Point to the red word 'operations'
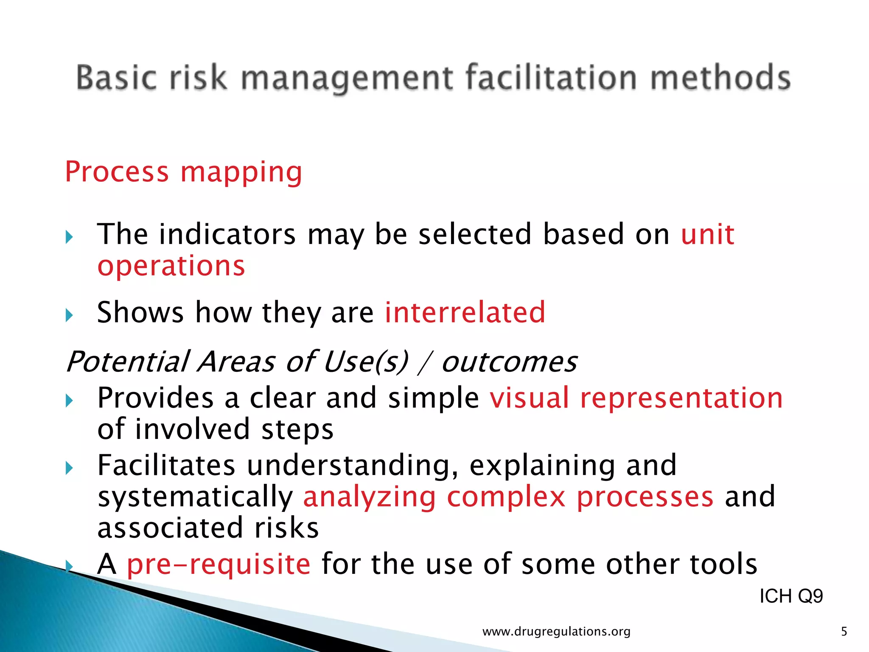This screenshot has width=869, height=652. [x=171, y=266]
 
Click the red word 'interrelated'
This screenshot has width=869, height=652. [x=465, y=312]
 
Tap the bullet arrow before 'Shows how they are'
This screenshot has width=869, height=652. [x=70, y=315]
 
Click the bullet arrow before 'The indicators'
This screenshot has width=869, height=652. [x=70, y=237]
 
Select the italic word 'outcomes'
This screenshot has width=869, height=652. [x=509, y=362]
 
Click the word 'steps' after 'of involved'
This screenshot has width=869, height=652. [x=297, y=430]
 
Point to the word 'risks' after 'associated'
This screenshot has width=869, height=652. [x=286, y=528]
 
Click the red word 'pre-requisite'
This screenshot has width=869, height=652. [x=219, y=564]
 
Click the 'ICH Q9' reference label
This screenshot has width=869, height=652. [x=791, y=596]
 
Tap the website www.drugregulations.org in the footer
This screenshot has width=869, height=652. [x=556, y=632]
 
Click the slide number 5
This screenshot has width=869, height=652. [x=844, y=632]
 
